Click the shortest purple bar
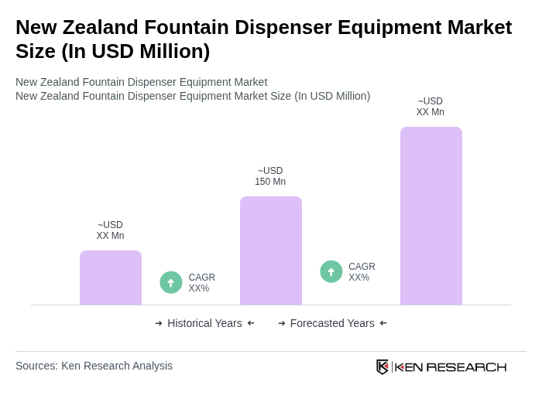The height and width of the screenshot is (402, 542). click(x=111, y=278)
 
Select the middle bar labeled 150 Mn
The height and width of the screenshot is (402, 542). click(x=271, y=250)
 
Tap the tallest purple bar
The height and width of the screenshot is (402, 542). click(x=431, y=216)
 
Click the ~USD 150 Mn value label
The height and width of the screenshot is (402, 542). click(x=270, y=176)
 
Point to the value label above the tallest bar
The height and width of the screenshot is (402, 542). click(x=431, y=107)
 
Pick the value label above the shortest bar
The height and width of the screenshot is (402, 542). click(x=110, y=230)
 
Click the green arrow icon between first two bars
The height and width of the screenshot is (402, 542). click(x=171, y=283)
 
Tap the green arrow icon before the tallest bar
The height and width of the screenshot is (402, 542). click(x=331, y=272)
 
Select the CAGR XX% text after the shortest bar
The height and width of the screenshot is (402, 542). click(x=201, y=283)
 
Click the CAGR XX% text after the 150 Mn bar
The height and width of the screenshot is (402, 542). click(x=362, y=272)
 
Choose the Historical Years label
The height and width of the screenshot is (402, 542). click(x=204, y=323)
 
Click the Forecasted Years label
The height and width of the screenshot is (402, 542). click(x=332, y=323)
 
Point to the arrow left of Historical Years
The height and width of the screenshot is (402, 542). click(x=159, y=323)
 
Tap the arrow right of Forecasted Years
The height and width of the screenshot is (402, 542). click(x=383, y=323)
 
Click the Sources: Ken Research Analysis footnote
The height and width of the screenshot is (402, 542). click(x=94, y=366)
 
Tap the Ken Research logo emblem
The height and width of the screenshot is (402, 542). click(x=382, y=366)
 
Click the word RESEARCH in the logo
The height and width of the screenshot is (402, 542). click(x=466, y=366)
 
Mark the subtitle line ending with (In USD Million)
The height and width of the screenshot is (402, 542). click(x=193, y=96)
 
